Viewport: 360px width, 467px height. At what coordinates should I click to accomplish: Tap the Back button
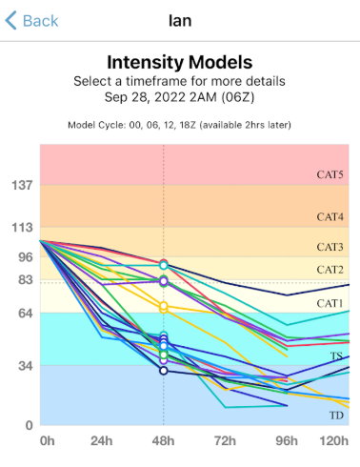(x=31, y=21)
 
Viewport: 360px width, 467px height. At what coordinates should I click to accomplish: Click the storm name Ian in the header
(x=180, y=21)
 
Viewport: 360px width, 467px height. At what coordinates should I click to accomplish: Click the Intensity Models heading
(x=180, y=62)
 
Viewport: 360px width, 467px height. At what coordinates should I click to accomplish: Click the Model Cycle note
(x=179, y=125)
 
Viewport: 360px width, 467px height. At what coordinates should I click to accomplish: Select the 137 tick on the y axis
(x=22, y=185)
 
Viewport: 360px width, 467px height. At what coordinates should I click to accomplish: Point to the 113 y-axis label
(x=22, y=228)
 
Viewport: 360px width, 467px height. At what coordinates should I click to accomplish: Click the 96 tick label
(x=26, y=257)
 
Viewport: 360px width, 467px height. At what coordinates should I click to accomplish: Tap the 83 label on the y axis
(x=26, y=280)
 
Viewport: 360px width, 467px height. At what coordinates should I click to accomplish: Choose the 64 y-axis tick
(x=26, y=314)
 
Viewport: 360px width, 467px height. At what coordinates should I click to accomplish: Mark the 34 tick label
(x=26, y=366)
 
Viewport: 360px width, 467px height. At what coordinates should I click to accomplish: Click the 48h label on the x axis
(x=163, y=441)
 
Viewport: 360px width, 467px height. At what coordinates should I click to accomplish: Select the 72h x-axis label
(x=225, y=441)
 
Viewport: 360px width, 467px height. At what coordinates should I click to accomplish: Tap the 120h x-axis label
(x=333, y=441)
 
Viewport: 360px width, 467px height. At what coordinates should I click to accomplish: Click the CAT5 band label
(x=330, y=174)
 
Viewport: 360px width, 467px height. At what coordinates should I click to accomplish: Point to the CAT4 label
(x=330, y=217)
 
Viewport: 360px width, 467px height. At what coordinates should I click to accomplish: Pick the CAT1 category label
(x=330, y=303)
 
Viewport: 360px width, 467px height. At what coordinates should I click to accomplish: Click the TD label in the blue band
(x=336, y=416)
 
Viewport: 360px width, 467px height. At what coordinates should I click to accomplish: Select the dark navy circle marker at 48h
(x=164, y=371)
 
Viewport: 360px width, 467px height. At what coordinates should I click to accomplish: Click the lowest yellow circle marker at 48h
(x=164, y=309)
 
